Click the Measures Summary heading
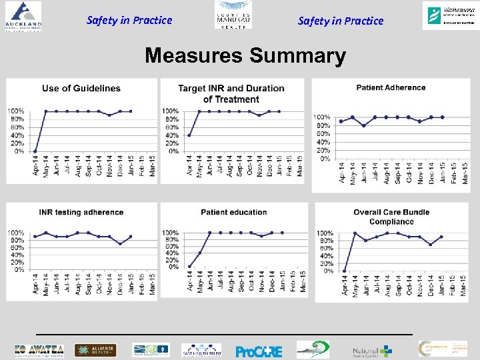pos(245,55)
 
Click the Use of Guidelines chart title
pos(81,88)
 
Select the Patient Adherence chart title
pos(391,87)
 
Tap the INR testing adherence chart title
pos(81,212)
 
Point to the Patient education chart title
pos(233,212)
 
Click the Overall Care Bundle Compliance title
pos(391,217)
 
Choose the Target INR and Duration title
pos(231,93)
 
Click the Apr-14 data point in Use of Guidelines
pos(35,151)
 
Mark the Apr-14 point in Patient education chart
pos(189,267)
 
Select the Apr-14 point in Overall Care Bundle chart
pos(344,271)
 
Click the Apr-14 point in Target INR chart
pos(189,135)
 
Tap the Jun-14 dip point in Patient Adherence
pos(363,125)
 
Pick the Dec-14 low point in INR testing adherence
pos(120,244)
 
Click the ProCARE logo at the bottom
pos(259,351)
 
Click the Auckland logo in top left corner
pos(21,16)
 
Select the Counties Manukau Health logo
pos(233,15)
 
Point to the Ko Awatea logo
pos(39,351)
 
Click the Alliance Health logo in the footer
pos(95,351)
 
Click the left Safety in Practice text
pos(129,20)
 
